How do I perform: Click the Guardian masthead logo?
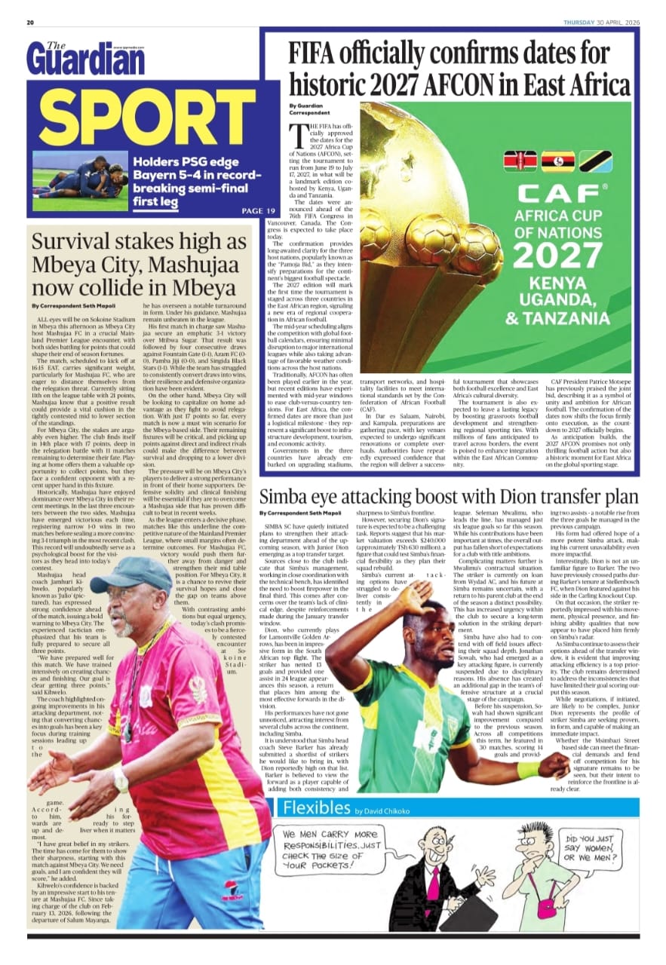point(84,57)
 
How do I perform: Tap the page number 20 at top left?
point(31,22)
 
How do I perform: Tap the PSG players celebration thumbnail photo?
point(80,181)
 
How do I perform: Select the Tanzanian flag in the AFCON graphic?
point(594,162)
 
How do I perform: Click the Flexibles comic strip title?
point(316,808)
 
